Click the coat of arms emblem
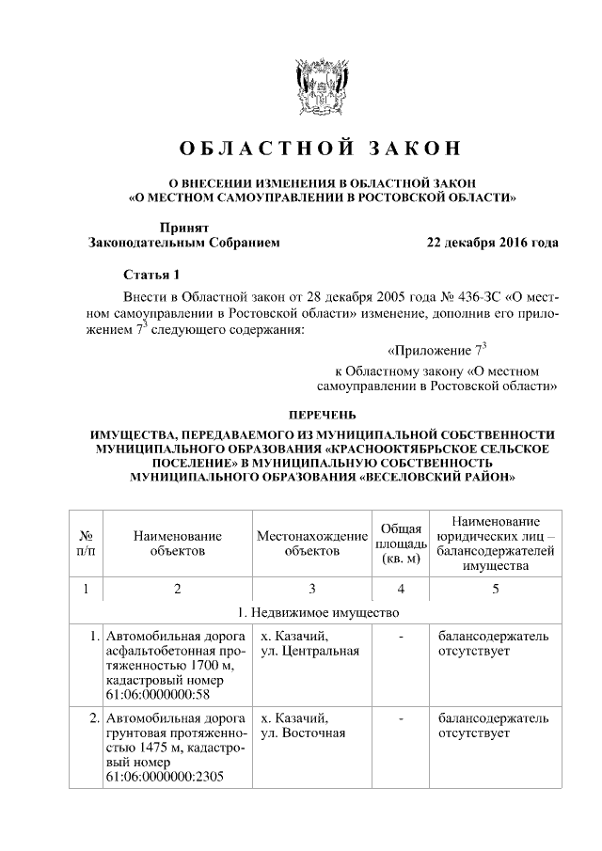tap(323, 91)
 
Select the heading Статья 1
tap(150, 275)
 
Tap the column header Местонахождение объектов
tap(311, 544)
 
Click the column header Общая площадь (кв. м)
tap(401, 544)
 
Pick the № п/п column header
tap(86, 544)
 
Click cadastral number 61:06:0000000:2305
tap(166, 778)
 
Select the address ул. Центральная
tap(309, 652)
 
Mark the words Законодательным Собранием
tap(183, 243)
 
